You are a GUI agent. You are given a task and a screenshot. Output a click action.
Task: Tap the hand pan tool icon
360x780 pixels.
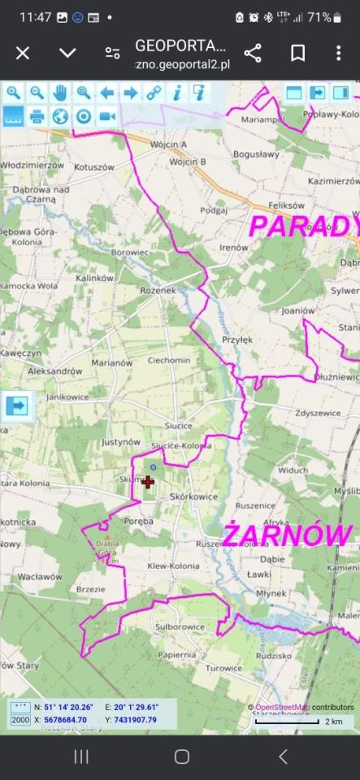[x=60, y=93]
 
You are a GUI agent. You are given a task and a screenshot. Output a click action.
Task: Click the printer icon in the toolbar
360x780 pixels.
[x=37, y=116]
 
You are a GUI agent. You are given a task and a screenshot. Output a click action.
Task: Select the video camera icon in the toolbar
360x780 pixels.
[x=106, y=116]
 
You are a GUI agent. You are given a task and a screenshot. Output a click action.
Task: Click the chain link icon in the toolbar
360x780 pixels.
[x=154, y=93]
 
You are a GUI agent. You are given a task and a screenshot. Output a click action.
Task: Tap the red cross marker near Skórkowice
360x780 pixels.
[x=148, y=483]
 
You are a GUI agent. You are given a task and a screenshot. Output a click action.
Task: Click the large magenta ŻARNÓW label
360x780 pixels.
[x=288, y=535]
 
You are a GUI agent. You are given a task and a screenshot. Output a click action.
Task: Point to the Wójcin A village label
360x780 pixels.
[x=169, y=145]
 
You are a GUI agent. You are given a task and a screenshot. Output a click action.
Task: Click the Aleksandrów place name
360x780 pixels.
[x=55, y=370]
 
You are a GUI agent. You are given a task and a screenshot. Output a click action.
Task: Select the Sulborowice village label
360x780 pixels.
[x=180, y=627]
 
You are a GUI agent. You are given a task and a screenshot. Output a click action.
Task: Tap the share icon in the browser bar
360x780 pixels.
[x=253, y=53]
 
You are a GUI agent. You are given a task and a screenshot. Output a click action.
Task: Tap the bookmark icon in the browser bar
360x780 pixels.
[x=297, y=53]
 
